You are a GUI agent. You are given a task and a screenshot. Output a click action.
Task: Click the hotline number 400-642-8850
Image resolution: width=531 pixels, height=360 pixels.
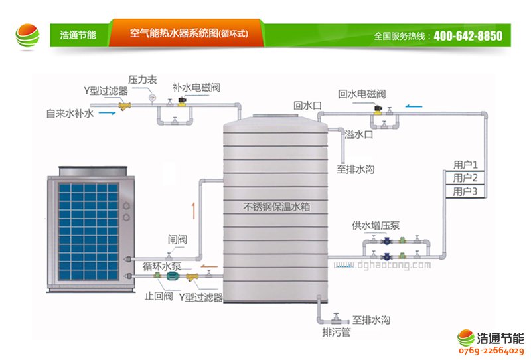[468, 36]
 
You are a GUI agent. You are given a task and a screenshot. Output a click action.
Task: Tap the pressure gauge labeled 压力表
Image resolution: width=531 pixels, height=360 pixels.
[152, 97]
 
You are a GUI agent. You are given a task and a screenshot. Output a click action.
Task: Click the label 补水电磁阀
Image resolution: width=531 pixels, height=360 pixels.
[196, 87]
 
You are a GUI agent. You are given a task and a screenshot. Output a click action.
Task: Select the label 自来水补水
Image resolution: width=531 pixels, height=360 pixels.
[70, 114]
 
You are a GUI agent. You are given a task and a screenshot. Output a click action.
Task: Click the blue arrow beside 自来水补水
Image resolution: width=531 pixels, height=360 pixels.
[110, 114]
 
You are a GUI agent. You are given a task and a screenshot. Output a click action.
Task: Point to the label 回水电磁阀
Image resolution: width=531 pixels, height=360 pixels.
[362, 94]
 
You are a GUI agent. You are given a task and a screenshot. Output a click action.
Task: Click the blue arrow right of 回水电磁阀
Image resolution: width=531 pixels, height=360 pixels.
[414, 104]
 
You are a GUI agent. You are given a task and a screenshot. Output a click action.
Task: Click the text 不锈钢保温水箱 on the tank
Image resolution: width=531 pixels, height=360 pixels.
[277, 207]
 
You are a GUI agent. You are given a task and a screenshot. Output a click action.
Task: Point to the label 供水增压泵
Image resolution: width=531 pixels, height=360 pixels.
[376, 225]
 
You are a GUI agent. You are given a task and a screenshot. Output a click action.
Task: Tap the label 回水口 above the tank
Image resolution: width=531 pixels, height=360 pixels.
[308, 105]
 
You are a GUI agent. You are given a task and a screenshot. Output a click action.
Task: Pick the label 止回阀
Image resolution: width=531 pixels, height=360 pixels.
[159, 296]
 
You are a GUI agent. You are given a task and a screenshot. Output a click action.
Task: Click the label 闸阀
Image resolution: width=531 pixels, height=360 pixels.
[177, 240]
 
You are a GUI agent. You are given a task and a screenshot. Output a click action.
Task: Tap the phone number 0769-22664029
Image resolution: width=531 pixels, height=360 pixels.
[492, 350]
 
